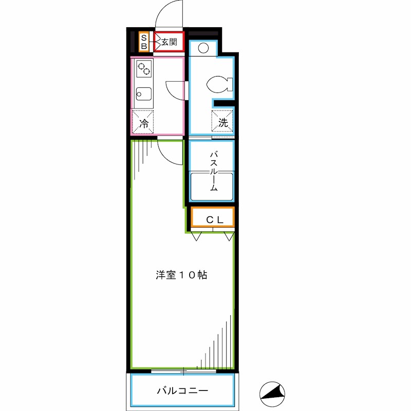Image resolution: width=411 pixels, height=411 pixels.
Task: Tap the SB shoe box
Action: pyautogui.click(x=144, y=42)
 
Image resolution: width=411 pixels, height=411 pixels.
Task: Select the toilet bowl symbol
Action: pyautogui.click(x=220, y=84)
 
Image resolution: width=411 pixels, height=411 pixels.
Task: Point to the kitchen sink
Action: pyautogui.click(x=143, y=95)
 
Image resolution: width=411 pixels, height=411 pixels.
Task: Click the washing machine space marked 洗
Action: pyautogui.click(x=223, y=122)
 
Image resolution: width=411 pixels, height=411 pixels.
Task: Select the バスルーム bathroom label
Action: pyautogui.click(x=212, y=170)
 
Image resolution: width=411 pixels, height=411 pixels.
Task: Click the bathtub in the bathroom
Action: pyautogui.click(x=212, y=188)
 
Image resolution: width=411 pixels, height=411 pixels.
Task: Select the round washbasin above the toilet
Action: pyautogui.click(x=203, y=49)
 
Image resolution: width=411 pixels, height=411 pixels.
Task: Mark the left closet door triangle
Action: pyautogui.click(x=196, y=236)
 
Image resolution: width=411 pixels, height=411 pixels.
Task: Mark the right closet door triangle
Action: pyautogui.click(x=229, y=236)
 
